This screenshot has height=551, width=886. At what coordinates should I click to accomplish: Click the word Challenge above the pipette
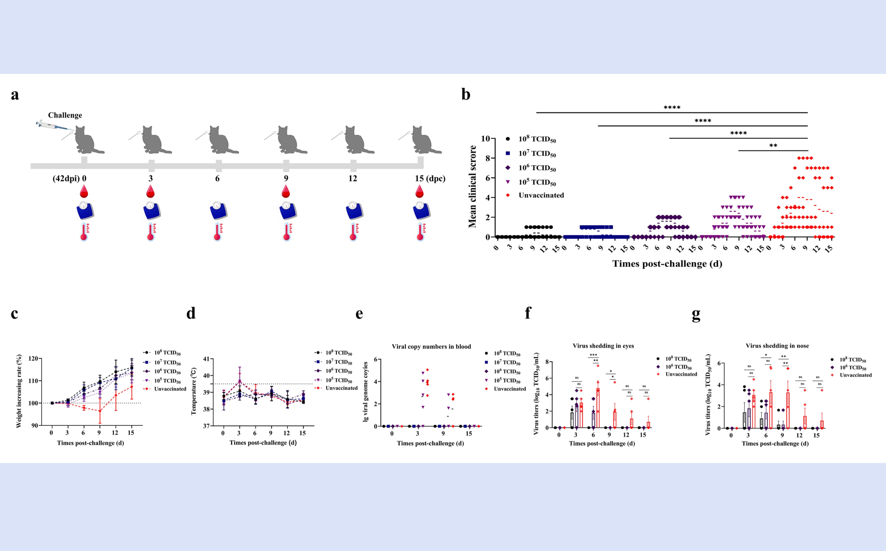pos(65,115)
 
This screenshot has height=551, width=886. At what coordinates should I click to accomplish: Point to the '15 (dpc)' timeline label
pos(430,179)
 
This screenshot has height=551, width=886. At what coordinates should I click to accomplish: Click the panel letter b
pos(466,94)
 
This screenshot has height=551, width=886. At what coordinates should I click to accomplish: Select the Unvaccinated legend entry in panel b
pos(541,195)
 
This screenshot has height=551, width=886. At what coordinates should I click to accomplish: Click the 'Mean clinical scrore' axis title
pos(473,187)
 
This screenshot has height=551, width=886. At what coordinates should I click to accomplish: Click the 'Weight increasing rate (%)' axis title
pos(19,391)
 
